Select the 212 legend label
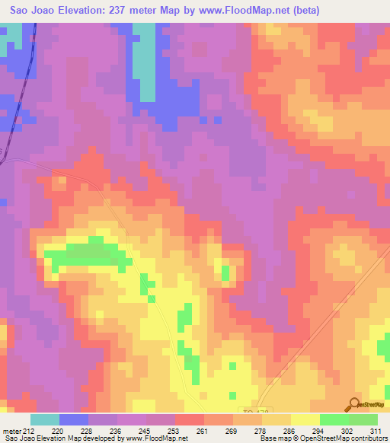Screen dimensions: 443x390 coord(29,430)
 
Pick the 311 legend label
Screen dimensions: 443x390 coord(376,430)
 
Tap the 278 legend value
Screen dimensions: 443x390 coord(261,430)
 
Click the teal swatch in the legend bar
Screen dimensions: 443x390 coord(45,419)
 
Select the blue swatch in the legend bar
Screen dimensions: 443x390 coord(74,419)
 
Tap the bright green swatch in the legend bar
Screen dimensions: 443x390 coord(334,419)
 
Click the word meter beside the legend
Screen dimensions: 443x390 coord(11,430)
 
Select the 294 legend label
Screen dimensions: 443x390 coord(318,430)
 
